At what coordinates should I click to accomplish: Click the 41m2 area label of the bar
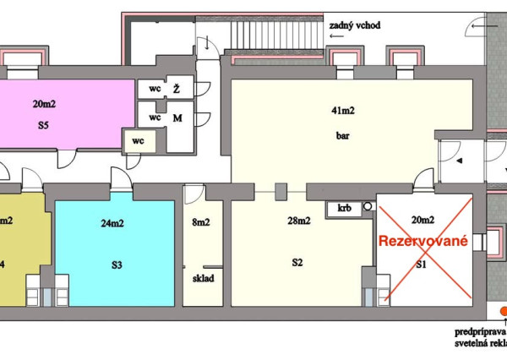(342, 111)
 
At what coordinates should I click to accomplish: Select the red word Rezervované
(422, 241)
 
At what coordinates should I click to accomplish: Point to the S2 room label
(297, 263)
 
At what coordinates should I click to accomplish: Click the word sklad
(203, 276)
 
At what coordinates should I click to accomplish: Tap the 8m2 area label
(203, 223)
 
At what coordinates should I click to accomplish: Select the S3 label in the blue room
(117, 265)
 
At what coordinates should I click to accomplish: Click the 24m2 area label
(113, 224)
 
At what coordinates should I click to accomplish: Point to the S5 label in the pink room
(43, 125)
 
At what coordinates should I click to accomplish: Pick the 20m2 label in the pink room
(44, 104)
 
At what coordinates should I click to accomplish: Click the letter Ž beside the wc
(176, 89)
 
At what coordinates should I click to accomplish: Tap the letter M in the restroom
(177, 118)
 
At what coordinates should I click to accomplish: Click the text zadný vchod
(355, 26)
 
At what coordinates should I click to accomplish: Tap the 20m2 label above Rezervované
(424, 221)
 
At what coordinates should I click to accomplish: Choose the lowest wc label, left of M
(136, 141)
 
